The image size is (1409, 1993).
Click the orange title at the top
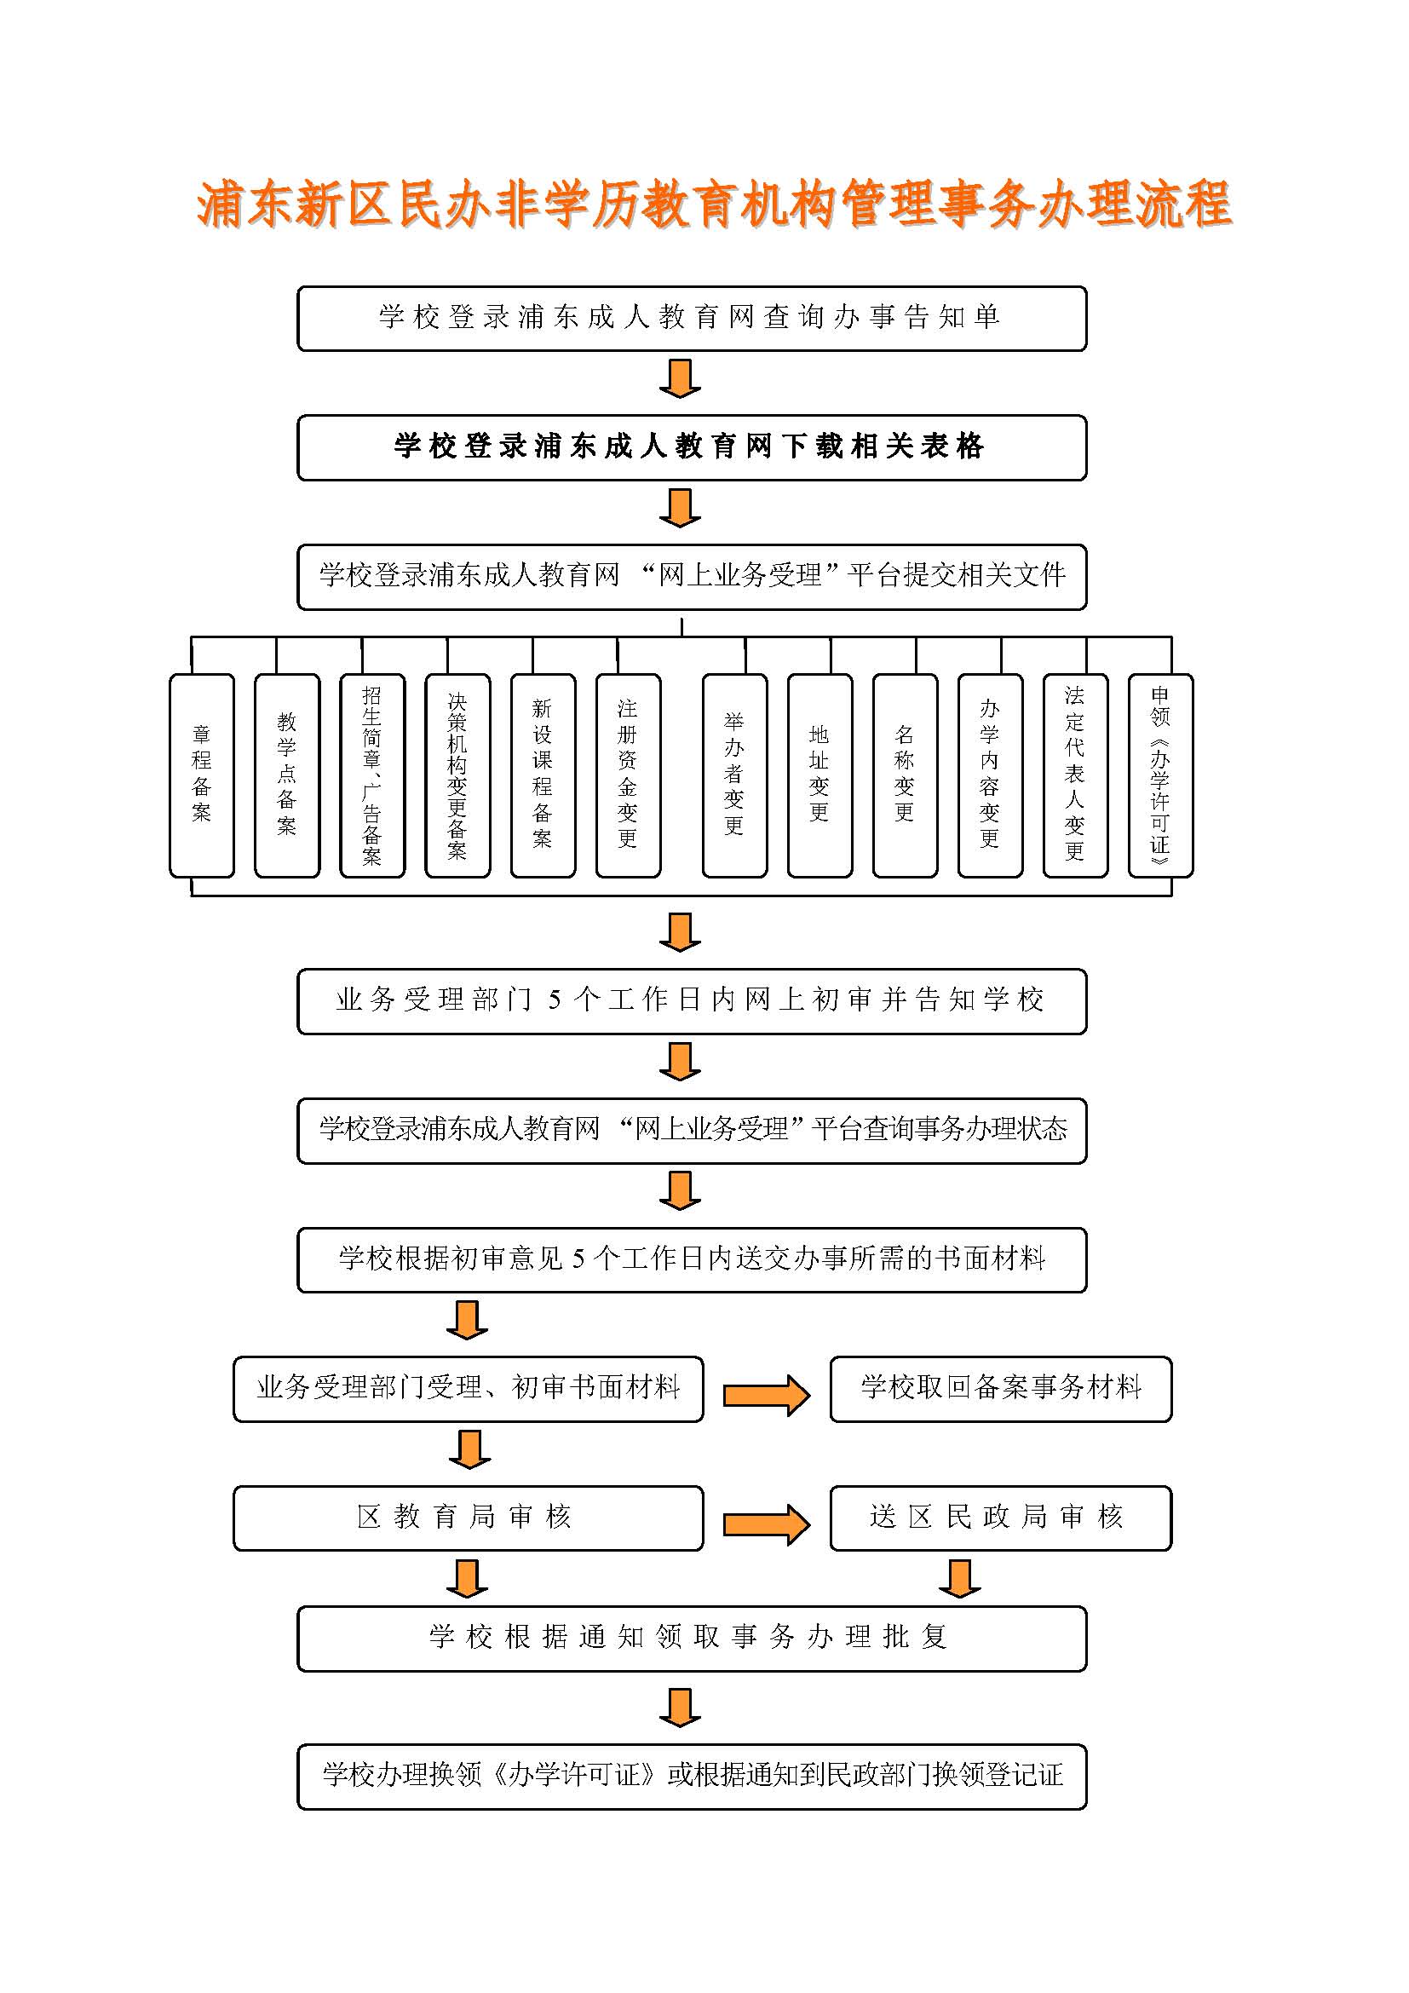[x=713, y=204]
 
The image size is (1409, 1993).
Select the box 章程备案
[x=201, y=776]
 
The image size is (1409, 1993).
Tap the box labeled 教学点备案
[x=286, y=776]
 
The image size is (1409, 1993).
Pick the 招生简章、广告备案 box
[x=372, y=776]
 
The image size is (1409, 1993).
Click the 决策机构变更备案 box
[x=457, y=776]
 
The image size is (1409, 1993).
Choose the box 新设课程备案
[x=543, y=776]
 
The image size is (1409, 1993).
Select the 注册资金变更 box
[x=628, y=776]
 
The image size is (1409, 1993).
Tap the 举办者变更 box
[x=735, y=776]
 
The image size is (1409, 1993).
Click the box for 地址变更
[x=820, y=776]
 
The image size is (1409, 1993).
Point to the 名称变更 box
[x=905, y=776]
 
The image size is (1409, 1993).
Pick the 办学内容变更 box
[x=990, y=776]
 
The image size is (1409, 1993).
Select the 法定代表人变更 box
[x=1075, y=776]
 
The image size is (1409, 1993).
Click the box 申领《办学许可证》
[x=1160, y=776]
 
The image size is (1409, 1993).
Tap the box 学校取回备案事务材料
[x=1000, y=1389]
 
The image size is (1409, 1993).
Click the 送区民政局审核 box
[x=1000, y=1518]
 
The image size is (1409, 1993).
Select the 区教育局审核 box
[x=469, y=1518]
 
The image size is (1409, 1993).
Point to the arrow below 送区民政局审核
[x=959, y=1579]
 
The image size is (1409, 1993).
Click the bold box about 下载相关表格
[x=692, y=448]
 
